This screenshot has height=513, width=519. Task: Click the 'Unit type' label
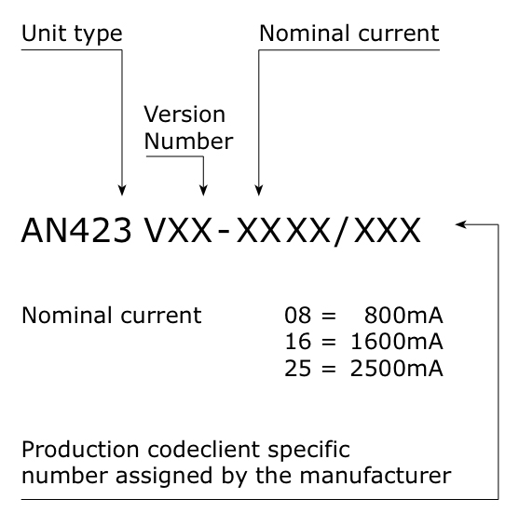coord(72,34)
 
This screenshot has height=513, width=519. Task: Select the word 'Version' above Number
coord(184,115)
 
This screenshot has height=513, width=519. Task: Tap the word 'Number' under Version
coord(188,142)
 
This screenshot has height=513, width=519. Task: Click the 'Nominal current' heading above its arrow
coord(349,34)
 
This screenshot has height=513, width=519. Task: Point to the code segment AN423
coord(76,231)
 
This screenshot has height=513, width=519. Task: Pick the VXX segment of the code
coord(178,231)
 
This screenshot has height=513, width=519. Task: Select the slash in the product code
coord(342,232)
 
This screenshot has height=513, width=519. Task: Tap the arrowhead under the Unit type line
coord(122,190)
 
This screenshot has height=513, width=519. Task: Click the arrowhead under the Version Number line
coord(203,190)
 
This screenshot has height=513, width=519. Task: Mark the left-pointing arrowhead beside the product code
coord(461,224)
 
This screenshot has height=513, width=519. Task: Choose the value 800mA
coord(403,316)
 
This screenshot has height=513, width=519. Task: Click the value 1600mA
coord(397,342)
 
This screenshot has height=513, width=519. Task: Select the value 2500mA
coord(397,369)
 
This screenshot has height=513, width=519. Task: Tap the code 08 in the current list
coord(298,316)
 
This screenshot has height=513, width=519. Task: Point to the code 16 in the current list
coord(298,342)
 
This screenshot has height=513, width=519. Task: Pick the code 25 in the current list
coord(298,369)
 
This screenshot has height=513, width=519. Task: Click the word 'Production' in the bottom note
coord(80,450)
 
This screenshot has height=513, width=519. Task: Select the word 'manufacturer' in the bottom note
coord(376,476)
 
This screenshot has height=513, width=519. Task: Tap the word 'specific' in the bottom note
coord(308,451)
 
